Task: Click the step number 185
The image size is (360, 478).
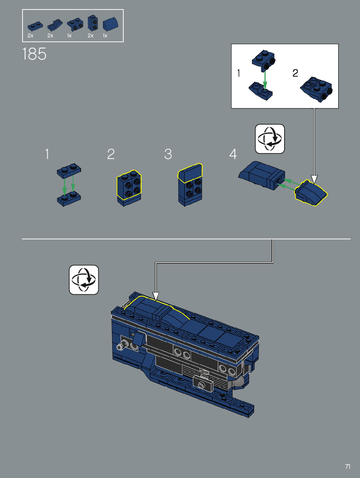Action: [35, 54]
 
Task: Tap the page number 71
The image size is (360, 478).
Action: [348, 467]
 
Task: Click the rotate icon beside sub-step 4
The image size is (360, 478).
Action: [270, 139]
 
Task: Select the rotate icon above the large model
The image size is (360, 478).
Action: [84, 280]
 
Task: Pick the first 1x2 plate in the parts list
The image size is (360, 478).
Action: [35, 26]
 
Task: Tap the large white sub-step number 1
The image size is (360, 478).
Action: [47, 154]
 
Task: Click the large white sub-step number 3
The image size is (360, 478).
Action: [168, 154]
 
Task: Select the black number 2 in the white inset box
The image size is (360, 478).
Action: [295, 73]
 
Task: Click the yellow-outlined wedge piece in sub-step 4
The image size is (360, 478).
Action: [311, 193]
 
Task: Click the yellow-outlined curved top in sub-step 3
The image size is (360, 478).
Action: [190, 173]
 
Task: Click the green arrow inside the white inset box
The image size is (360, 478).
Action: [265, 80]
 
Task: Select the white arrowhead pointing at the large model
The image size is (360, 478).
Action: [156, 296]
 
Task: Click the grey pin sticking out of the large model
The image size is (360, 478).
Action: [121, 345]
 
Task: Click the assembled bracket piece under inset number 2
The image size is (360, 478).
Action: [317, 89]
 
